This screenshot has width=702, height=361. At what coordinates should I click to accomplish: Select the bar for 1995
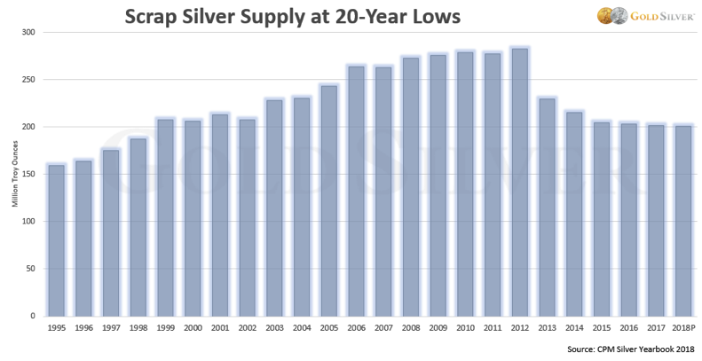click(57, 240)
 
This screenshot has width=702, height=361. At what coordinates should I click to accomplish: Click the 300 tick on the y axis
click(29, 33)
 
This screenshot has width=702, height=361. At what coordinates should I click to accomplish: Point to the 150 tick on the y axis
click(29, 175)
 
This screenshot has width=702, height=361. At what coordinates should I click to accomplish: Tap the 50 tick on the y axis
click(32, 269)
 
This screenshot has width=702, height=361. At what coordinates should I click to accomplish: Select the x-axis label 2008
click(410, 328)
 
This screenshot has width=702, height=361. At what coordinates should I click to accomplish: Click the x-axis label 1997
click(111, 328)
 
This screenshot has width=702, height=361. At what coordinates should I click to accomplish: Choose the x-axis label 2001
click(220, 328)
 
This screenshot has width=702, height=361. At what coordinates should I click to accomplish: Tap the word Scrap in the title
click(154, 17)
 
